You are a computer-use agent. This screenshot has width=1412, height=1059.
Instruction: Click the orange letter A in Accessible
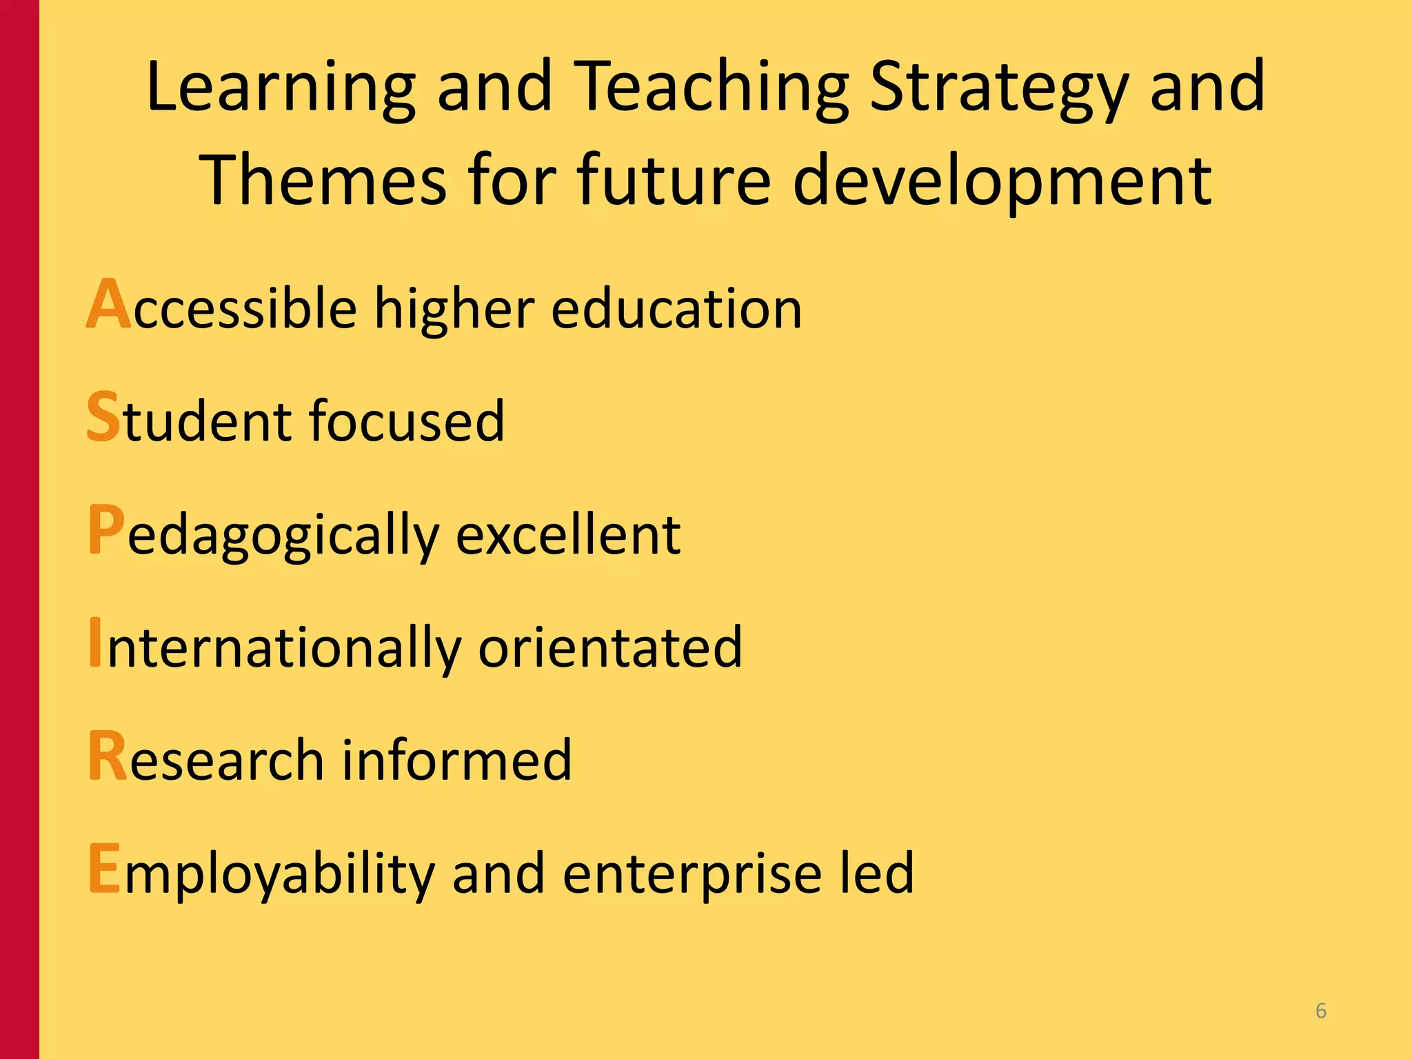(109, 305)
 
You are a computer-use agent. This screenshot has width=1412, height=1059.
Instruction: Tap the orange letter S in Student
(103, 416)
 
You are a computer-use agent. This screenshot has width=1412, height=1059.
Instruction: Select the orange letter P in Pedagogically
(106, 529)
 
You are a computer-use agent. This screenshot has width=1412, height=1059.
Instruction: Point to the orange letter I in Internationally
(95, 643)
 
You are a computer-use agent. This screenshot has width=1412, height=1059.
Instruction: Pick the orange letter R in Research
(108, 756)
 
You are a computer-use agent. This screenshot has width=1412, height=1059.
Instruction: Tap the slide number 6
(1321, 1011)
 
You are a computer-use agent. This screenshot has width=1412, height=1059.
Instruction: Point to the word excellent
(568, 534)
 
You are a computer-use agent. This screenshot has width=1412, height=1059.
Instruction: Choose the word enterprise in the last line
(692, 873)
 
